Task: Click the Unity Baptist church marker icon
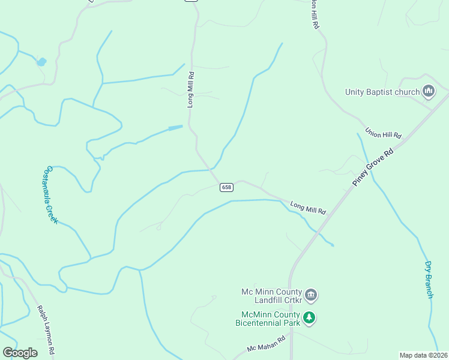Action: (x=429, y=92)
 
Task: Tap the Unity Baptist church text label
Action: (x=382, y=92)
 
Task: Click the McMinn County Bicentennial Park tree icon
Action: (x=309, y=317)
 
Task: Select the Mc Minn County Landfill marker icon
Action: (x=311, y=295)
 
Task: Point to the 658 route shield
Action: (x=226, y=187)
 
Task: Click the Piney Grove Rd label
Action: (x=373, y=166)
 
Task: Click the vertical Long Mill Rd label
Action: (x=190, y=90)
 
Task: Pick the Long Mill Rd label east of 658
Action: (x=308, y=208)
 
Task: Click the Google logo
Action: (x=20, y=353)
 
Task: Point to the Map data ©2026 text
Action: (x=423, y=355)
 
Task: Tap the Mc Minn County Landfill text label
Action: (x=271, y=295)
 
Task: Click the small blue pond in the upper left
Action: (x=41, y=61)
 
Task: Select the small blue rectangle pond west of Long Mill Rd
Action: (x=175, y=128)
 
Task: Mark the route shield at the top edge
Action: (x=191, y=1)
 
